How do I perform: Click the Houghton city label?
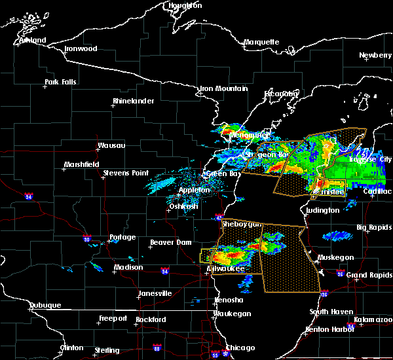185,5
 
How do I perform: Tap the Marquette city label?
261,43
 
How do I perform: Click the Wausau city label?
111,145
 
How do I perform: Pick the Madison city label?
128,267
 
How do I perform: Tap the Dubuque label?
45,306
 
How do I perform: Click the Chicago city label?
240,348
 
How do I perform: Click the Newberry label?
375,56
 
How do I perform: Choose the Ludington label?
321,210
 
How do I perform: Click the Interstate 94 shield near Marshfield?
29,195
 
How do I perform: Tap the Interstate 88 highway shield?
157,348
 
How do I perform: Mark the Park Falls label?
60,82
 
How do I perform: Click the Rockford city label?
152,319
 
